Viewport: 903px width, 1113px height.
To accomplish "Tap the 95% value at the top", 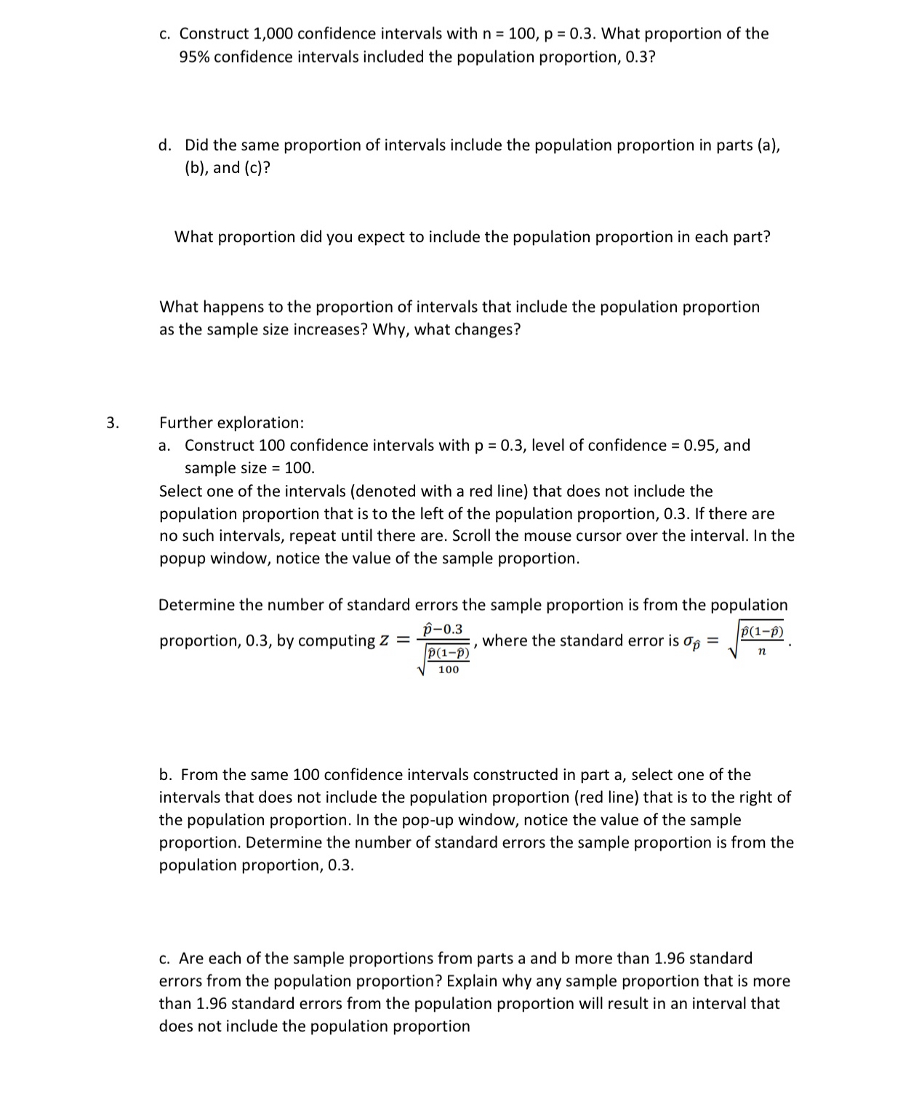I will click(x=194, y=57).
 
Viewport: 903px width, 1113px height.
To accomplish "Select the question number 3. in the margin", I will click(x=111, y=422).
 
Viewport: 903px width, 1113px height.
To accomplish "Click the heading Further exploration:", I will click(x=232, y=422).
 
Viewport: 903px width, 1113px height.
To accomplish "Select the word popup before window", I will click(x=182, y=558).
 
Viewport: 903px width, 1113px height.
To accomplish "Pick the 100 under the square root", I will click(x=449, y=670).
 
